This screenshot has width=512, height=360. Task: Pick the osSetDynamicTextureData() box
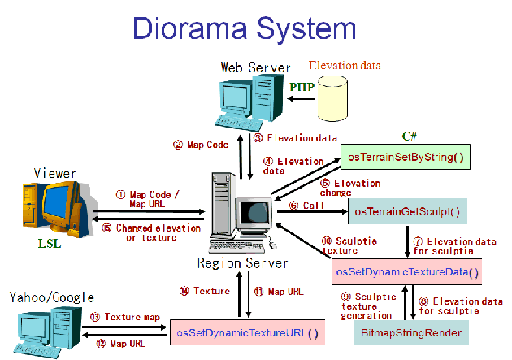click(407, 271)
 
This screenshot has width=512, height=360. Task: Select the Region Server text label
click(242, 263)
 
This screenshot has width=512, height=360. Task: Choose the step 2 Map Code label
click(199, 145)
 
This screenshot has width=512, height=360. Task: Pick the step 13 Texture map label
click(126, 317)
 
